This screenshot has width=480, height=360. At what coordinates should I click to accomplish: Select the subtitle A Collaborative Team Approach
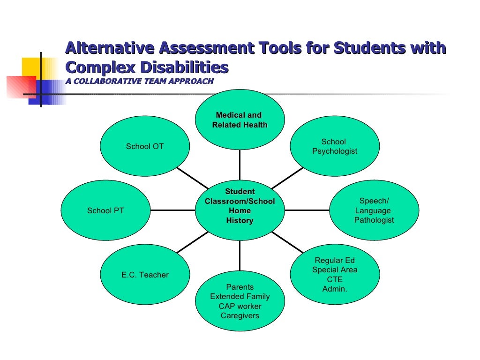(x=139, y=81)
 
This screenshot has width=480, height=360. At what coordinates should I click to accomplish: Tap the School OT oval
(x=145, y=146)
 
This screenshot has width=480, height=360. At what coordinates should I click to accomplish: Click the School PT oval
(x=105, y=210)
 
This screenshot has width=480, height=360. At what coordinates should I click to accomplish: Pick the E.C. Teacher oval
(x=145, y=275)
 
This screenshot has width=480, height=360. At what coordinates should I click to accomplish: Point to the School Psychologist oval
(x=335, y=146)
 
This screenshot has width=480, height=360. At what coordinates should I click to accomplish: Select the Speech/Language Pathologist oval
(x=374, y=210)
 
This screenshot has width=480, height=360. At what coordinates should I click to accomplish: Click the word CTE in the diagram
(x=335, y=279)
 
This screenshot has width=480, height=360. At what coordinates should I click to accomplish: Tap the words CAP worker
(x=240, y=306)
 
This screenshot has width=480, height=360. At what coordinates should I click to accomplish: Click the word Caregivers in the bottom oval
(x=240, y=315)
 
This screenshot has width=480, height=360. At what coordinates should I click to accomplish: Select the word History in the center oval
(x=240, y=220)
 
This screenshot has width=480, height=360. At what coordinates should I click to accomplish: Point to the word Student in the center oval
(x=240, y=191)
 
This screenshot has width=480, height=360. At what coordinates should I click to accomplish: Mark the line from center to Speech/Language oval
(x=307, y=210)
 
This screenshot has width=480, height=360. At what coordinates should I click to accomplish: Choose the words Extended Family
(x=240, y=296)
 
